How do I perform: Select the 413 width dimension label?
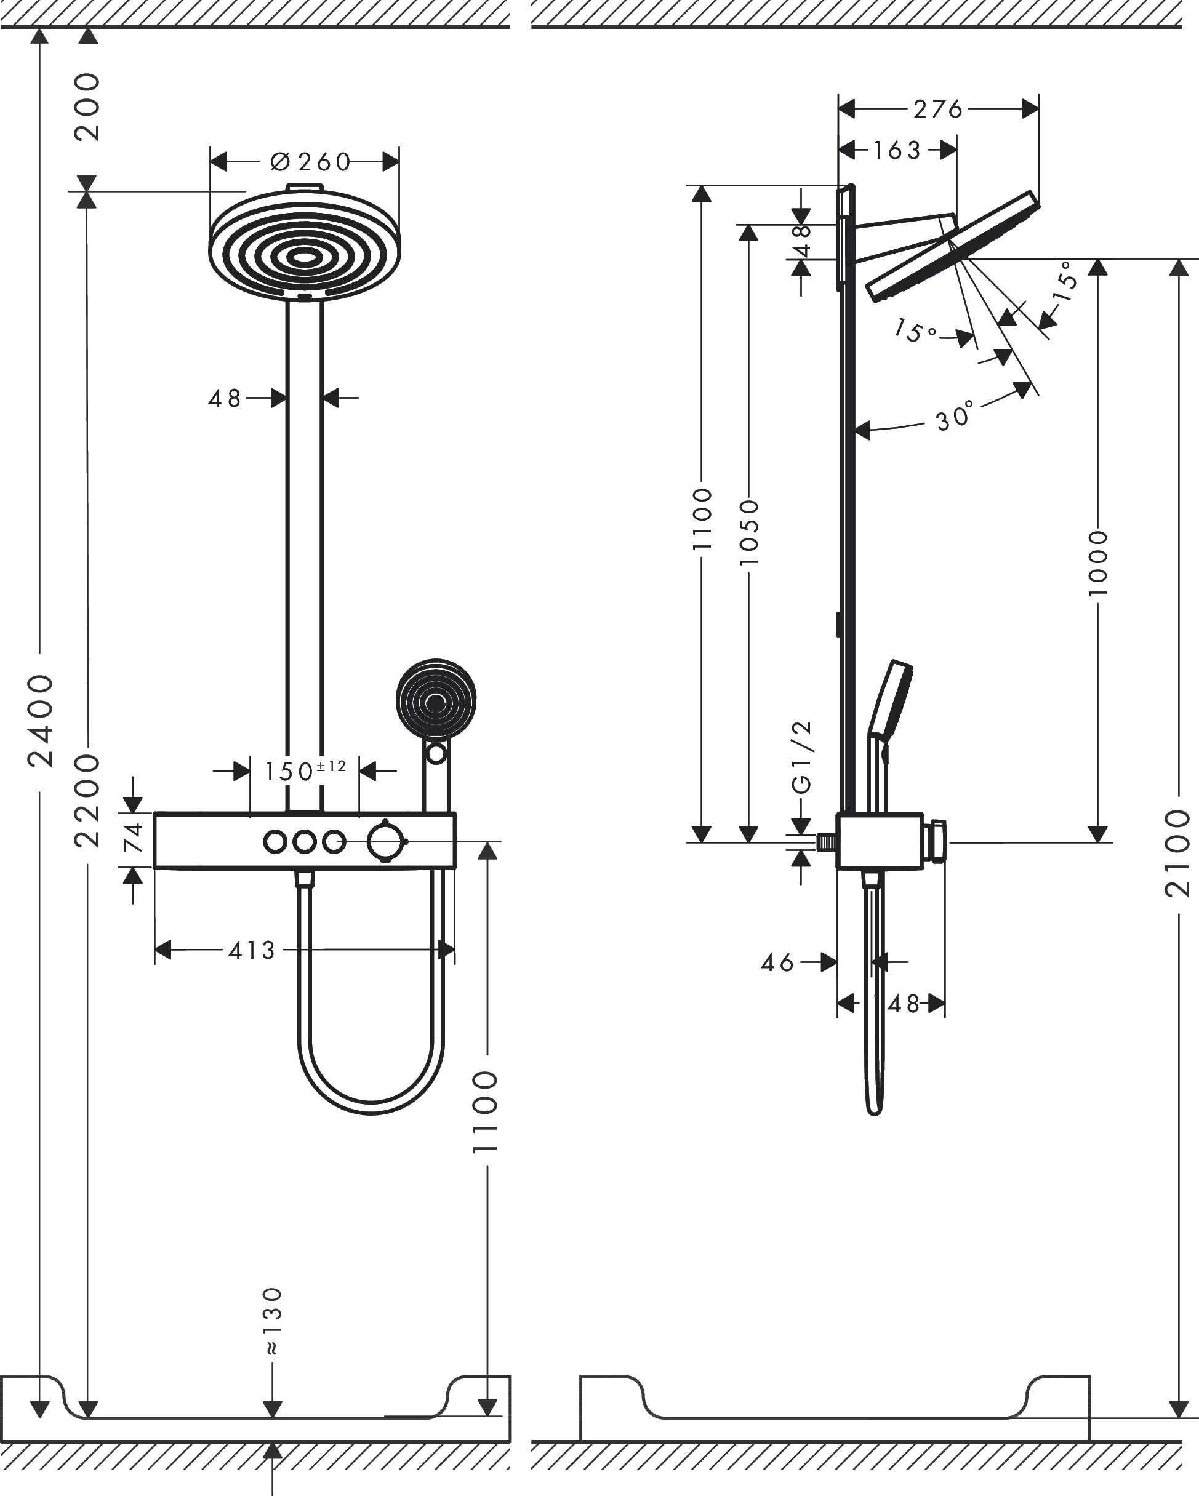(x=252, y=950)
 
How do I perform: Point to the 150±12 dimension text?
(x=304, y=770)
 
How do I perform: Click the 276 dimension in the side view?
(x=938, y=109)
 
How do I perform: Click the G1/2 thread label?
(x=801, y=757)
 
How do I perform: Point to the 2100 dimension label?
(x=1178, y=853)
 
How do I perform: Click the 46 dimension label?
(x=777, y=962)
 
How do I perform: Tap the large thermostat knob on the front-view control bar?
(x=385, y=842)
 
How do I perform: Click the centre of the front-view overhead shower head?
(x=304, y=257)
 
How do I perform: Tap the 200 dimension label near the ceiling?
(x=87, y=107)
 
